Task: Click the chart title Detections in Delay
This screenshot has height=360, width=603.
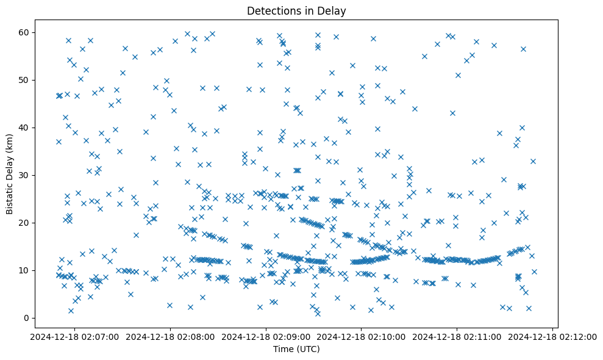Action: point(296,10)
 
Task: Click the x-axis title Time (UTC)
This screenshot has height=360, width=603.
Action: point(296,349)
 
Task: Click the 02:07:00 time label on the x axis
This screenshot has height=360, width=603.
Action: point(74,336)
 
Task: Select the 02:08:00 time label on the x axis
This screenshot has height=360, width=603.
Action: point(170,336)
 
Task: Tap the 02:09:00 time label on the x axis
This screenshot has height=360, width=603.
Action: point(266,336)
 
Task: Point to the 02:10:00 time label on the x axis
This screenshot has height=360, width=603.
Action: point(362,336)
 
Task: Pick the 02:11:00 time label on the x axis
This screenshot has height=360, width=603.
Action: point(457,336)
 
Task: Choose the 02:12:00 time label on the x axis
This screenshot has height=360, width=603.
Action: point(553,336)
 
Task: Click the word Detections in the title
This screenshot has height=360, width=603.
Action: point(273,10)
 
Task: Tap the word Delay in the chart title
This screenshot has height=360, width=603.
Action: point(333,10)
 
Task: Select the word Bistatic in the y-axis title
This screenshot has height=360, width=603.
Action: point(10,195)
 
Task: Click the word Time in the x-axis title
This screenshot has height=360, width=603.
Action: point(282,349)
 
